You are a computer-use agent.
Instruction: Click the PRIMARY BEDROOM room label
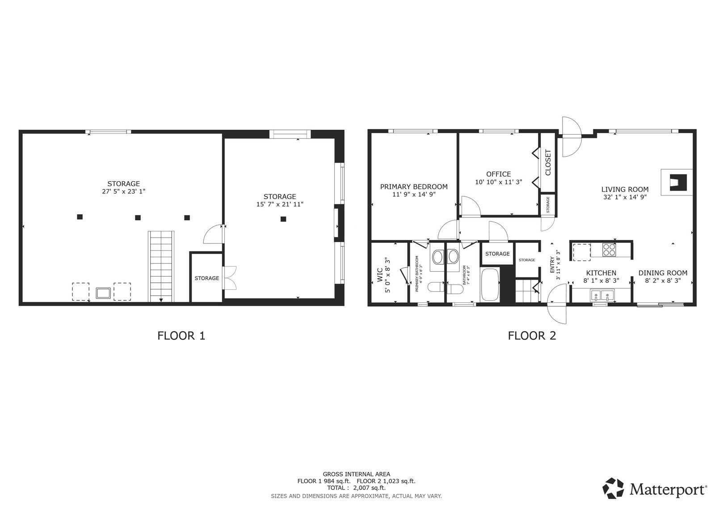[x=414, y=187]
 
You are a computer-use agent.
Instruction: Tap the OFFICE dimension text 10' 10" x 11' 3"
[x=499, y=182]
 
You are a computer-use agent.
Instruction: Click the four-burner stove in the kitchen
[x=609, y=250]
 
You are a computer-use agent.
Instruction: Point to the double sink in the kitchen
[x=602, y=295]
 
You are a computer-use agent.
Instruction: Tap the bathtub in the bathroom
[x=490, y=285]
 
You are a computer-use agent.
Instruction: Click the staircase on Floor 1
[x=161, y=266]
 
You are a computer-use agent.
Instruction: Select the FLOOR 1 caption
[x=181, y=336]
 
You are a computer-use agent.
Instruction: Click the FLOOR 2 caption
[x=532, y=336]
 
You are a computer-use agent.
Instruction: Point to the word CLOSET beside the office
[x=548, y=162]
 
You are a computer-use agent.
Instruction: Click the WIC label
[x=379, y=275]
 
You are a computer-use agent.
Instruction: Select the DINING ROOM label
[x=663, y=273]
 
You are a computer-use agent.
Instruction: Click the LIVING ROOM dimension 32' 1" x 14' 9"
[x=625, y=197]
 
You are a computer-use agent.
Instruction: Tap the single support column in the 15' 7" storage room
[x=283, y=219]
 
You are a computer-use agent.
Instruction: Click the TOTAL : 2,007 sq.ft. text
[x=356, y=488]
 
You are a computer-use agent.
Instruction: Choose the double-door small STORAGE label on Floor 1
[x=207, y=278]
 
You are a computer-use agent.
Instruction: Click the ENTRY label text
[x=552, y=265]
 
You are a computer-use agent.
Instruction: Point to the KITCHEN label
[x=601, y=273]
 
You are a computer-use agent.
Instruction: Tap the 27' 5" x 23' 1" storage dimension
[x=123, y=191]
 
